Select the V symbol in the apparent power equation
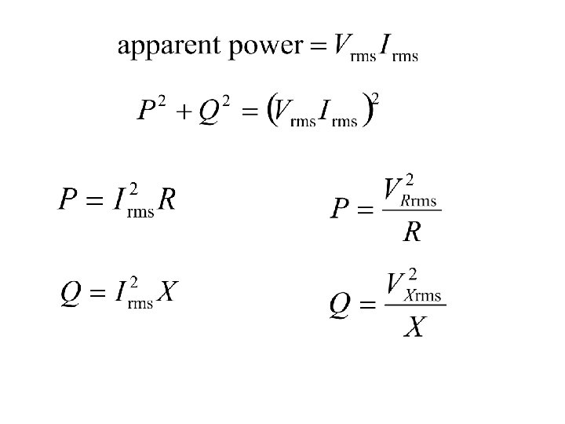342,45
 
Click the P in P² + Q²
146,111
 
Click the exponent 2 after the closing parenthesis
376,98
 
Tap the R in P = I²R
166,200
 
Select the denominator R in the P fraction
412,231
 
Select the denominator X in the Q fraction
414,326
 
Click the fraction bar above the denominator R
412,210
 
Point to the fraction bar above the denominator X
415,305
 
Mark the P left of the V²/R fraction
340,210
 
